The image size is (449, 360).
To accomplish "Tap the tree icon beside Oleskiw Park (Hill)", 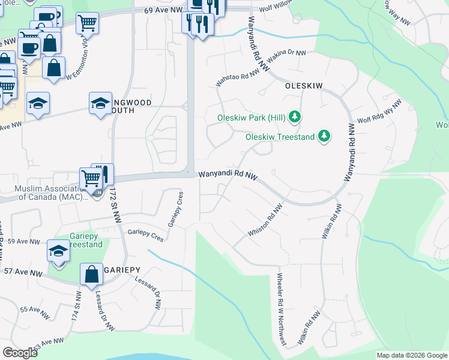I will [294, 116].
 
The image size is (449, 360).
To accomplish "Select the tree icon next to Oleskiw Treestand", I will [324, 137].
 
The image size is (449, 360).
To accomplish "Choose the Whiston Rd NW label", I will [265, 221].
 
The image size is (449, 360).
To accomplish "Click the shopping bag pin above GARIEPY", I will [91, 275].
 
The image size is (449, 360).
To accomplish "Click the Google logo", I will [20, 353].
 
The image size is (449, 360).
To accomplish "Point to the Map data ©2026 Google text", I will [412, 355].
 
